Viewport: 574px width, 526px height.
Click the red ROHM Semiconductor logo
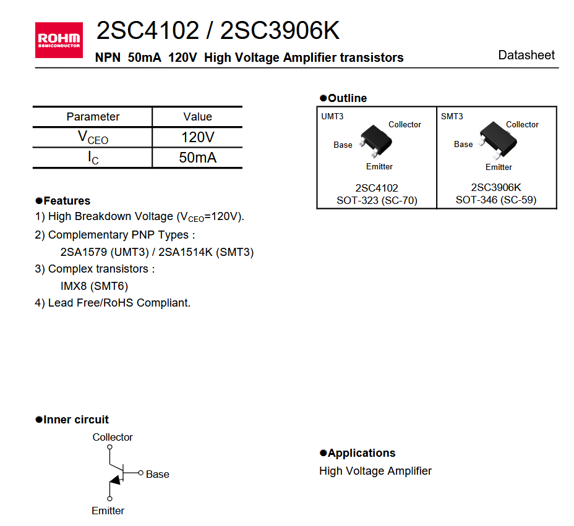(59, 40)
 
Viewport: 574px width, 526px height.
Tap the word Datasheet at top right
(526, 55)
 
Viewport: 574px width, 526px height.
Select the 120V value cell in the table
(197, 137)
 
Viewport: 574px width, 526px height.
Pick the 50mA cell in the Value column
(197, 158)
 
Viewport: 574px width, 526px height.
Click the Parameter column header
(93, 117)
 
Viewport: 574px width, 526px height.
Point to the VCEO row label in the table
(93, 137)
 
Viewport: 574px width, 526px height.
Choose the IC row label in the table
(93, 158)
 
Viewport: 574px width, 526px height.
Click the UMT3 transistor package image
(376, 140)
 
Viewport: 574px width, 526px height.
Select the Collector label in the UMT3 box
(405, 124)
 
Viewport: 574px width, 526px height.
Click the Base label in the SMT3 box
(463, 144)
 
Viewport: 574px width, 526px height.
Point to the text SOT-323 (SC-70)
(377, 200)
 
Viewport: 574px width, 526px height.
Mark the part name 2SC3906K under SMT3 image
(496, 187)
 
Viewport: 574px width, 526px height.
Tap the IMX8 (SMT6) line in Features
(94, 286)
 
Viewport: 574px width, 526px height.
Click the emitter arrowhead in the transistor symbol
(116, 481)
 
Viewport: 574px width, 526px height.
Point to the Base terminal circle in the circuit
(141, 474)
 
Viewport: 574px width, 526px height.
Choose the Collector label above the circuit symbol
(113, 437)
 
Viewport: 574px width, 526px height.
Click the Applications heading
(361, 453)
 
